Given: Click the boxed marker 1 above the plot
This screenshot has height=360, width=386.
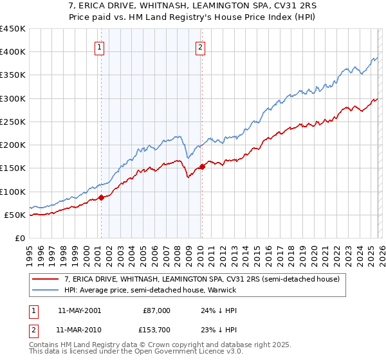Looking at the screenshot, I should (100, 46).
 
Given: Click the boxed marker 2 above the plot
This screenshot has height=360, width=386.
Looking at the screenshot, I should (201, 46).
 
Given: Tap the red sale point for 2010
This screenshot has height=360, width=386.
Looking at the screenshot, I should (202, 166).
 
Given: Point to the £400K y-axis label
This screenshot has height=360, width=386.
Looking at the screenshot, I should (13, 52).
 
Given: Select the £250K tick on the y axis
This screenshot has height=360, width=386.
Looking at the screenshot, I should (13, 122).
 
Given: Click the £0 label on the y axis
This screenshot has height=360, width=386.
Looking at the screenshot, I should (19, 238).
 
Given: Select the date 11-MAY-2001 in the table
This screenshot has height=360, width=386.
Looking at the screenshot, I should (79, 310).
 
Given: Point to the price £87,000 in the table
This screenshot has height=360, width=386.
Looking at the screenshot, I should (156, 310).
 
